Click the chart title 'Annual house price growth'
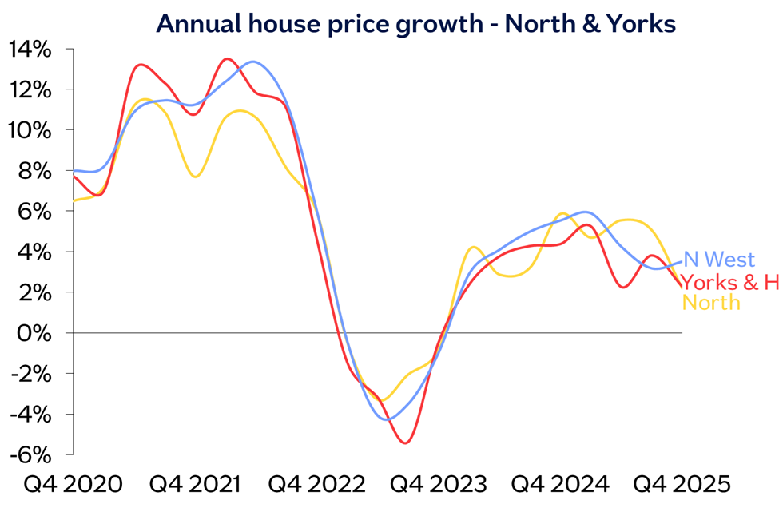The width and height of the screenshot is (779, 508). tap(320, 24)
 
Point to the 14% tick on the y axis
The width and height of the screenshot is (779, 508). tap(30, 50)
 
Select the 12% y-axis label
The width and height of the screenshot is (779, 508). tap(30, 90)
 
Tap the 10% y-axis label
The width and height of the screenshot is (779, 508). tap(30, 131)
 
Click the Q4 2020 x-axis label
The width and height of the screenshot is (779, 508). tap(73, 484)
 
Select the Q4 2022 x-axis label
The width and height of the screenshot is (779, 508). tap(316, 484)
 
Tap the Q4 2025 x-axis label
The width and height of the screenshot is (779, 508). tap(682, 484)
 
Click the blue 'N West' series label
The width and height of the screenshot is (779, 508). tap(719, 260)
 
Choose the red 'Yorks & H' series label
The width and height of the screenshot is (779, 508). tap(729, 282)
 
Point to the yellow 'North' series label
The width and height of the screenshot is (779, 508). tap(711, 303)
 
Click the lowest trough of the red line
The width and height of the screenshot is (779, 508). tap(406, 443)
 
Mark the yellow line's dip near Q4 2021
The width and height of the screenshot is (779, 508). tap(196, 177)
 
